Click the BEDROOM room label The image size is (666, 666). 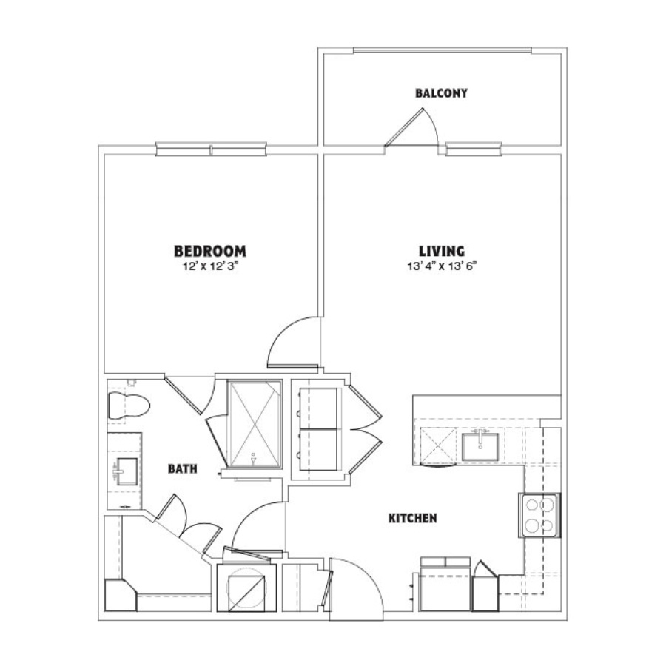click(210, 251)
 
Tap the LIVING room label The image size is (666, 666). click(442, 251)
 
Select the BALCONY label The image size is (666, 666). click(441, 93)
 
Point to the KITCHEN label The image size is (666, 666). click(413, 518)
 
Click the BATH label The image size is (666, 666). click(183, 468)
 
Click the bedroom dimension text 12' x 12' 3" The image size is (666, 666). click(210, 266)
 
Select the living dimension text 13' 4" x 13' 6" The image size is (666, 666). click(442, 266)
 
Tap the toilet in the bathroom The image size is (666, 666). click(129, 406)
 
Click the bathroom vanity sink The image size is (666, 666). click(127, 471)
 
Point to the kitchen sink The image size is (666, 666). click(480, 446)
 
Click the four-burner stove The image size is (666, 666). click(539, 515)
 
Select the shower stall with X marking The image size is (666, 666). click(254, 424)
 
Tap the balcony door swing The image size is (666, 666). click(413, 127)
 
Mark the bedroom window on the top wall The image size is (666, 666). click(211, 149)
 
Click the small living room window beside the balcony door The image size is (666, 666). click(474, 149)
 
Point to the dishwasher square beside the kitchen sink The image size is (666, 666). click(439, 444)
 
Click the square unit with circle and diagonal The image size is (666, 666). click(246, 588)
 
